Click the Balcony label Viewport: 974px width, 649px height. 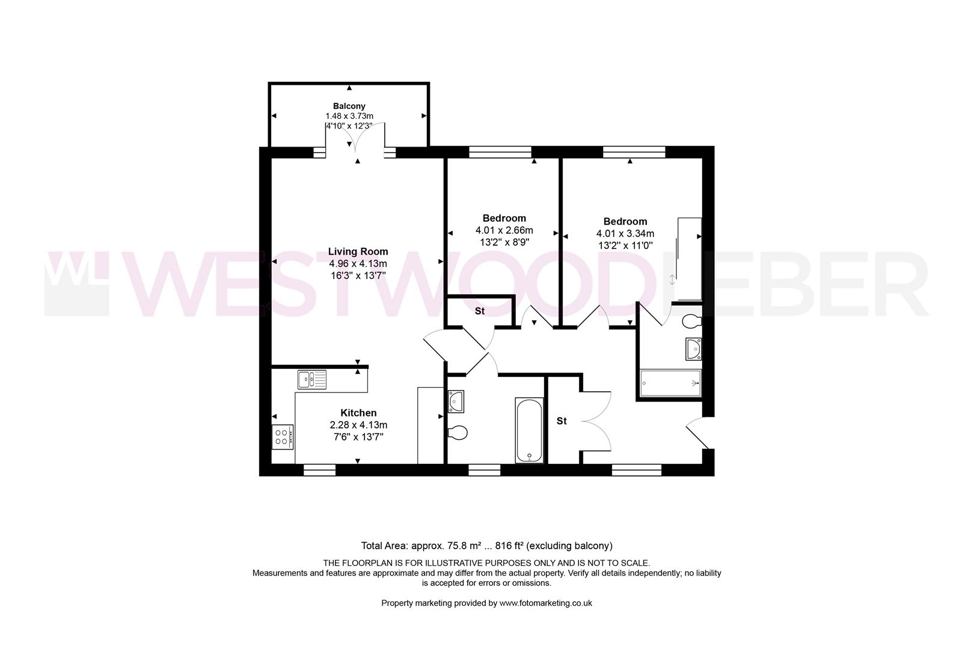coord(349,106)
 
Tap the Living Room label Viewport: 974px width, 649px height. coord(358,252)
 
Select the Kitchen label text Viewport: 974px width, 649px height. coord(358,413)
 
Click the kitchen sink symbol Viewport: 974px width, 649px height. coord(312,380)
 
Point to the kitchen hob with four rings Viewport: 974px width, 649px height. coord(282,436)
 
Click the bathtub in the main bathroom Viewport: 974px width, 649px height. coord(529,430)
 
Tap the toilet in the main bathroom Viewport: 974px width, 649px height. coord(458,432)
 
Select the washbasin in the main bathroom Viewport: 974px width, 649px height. coord(455,401)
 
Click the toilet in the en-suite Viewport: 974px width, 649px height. coord(691,321)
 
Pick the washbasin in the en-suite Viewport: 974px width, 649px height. coord(693,349)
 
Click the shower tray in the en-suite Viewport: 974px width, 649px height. coord(670,384)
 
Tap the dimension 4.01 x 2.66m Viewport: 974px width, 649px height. coord(504,230)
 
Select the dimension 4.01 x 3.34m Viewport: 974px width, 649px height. coord(625,234)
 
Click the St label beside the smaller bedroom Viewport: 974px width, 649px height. coord(479,311)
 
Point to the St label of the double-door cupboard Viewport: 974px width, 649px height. coord(561,421)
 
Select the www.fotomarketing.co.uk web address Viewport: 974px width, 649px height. coord(545,603)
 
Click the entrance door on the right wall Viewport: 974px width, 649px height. coord(697,433)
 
